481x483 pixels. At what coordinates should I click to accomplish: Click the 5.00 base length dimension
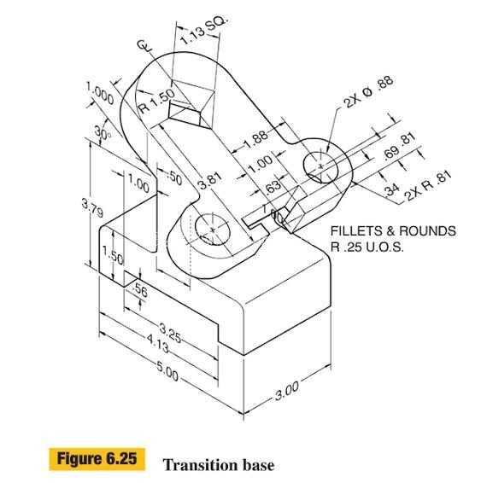click(x=167, y=371)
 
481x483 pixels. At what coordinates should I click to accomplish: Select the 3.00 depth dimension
click(x=287, y=391)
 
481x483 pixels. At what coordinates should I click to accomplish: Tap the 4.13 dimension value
click(x=158, y=344)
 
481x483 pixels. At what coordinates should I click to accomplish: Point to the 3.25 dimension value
click(x=170, y=333)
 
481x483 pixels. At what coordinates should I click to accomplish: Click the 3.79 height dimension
click(x=92, y=208)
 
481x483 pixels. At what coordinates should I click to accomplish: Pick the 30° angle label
click(x=103, y=133)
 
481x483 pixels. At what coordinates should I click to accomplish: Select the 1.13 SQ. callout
click(x=204, y=30)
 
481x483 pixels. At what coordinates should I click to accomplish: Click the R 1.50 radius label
click(x=156, y=101)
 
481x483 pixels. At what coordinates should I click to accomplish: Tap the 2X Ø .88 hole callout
click(x=369, y=91)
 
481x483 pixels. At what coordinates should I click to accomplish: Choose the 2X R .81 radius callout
click(x=428, y=185)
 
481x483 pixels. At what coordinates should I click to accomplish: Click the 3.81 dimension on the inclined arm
click(x=209, y=181)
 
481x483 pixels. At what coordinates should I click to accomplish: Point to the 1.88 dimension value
click(x=256, y=140)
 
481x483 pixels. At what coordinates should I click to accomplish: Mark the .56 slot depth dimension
click(x=139, y=290)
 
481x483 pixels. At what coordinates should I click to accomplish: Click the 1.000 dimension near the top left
click(x=100, y=93)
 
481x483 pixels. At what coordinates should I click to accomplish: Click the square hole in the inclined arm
click(x=191, y=104)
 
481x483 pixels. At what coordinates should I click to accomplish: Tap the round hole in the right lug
click(x=320, y=167)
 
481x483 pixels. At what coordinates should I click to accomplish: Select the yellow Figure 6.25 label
click(x=97, y=459)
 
